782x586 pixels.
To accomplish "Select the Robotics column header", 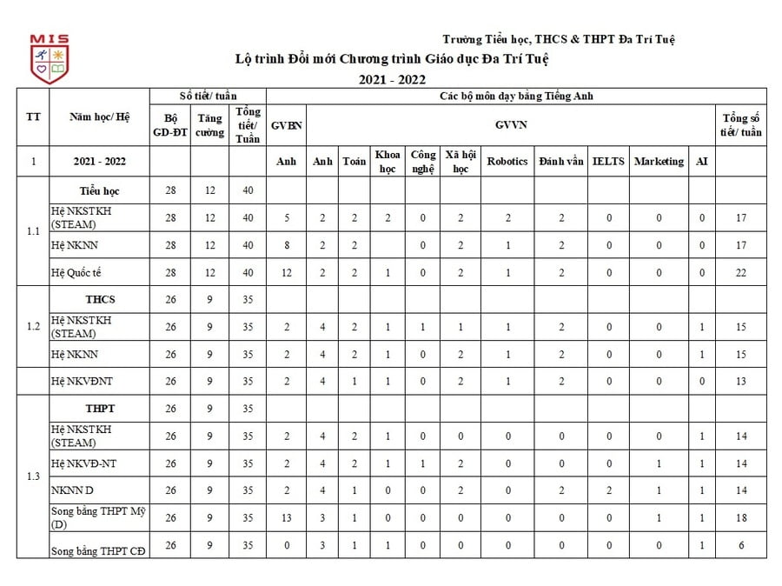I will click(507, 162).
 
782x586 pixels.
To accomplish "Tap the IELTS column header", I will click(608, 162).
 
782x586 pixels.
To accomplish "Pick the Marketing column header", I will click(659, 162).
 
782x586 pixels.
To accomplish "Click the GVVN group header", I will click(511, 124).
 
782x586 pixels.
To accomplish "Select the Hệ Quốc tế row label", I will click(76, 272).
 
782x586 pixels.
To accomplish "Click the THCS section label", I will click(100, 299).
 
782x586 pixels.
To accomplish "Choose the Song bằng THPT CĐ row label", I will click(97, 551).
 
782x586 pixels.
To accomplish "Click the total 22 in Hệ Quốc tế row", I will click(740, 272).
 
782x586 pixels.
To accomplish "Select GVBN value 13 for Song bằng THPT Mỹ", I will click(286, 517).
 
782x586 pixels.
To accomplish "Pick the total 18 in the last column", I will click(740, 517).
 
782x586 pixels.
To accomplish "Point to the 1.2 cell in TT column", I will click(33, 326).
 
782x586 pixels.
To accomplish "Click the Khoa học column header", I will click(388, 162).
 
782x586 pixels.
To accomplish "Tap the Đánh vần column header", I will click(561, 162).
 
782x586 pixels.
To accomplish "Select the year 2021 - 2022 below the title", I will click(393, 79).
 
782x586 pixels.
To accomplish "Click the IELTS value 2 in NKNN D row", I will click(608, 490).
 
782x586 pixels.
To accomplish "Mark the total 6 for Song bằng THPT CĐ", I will click(740, 545).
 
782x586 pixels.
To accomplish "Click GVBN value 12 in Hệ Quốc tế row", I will click(286, 272).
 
